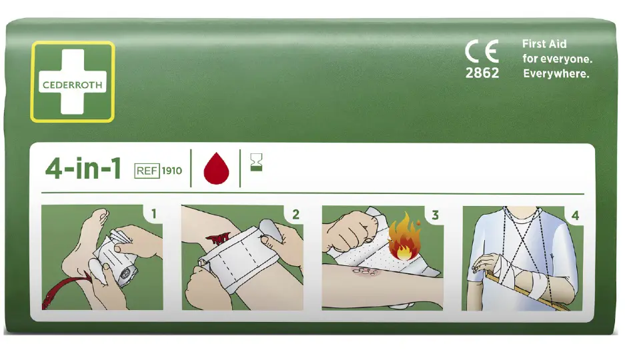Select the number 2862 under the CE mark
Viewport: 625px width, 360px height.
[482, 73]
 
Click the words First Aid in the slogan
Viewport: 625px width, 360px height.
[544, 44]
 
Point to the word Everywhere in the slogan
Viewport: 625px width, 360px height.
[556, 74]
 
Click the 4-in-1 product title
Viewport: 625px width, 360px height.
[83, 169]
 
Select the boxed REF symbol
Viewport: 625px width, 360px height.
[147, 171]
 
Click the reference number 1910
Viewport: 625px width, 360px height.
[171, 171]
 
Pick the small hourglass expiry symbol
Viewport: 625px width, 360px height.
[256, 162]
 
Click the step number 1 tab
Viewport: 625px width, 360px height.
[154, 215]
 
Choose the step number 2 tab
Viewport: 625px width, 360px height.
[295, 215]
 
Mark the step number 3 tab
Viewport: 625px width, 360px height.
[435, 215]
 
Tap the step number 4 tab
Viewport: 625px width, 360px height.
[575, 215]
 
